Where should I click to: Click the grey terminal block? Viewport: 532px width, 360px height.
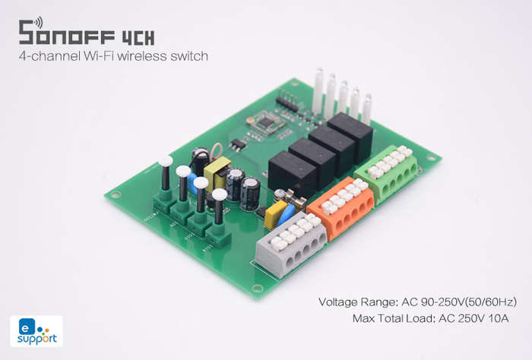(x=290, y=245)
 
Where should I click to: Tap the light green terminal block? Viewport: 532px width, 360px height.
(x=387, y=173)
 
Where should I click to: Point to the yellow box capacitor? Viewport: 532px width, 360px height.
(x=275, y=214)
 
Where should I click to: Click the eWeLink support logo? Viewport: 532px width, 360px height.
(x=36, y=331)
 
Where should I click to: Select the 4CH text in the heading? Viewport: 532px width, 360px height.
(x=138, y=38)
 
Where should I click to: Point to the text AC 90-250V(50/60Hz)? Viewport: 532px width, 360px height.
(x=459, y=302)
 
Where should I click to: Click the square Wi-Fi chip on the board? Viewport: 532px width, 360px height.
(x=266, y=122)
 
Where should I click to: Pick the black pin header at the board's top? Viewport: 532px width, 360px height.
(x=287, y=101)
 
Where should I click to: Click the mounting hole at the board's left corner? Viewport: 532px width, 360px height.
(x=116, y=195)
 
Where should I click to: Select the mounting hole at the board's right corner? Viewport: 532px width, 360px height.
(x=431, y=157)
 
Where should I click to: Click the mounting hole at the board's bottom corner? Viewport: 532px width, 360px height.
(x=257, y=288)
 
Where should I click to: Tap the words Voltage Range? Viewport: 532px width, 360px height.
(x=357, y=302)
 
